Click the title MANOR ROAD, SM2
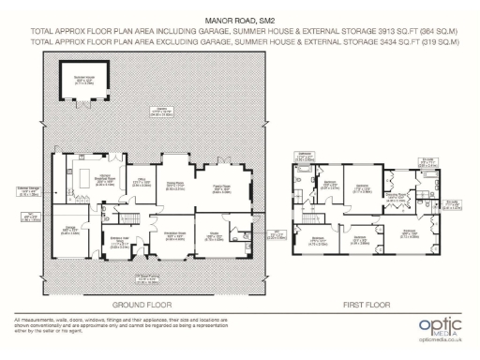pyautogui.click(x=239, y=17)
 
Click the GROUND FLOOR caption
pyautogui.click(x=141, y=305)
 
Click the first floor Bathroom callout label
pyautogui.click(x=305, y=155)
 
